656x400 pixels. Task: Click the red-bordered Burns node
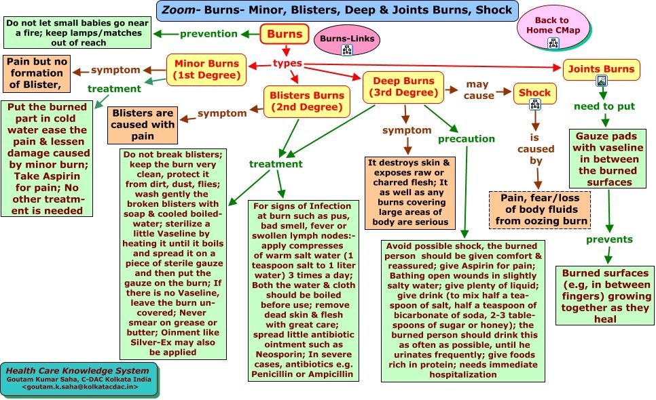click(285, 34)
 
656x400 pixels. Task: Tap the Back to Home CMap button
click(552, 27)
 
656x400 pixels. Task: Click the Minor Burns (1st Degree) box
click(206, 70)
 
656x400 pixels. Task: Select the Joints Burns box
click(601, 68)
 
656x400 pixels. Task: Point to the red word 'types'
click(287, 64)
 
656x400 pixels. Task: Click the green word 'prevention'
click(208, 34)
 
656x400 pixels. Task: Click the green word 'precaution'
click(466, 138)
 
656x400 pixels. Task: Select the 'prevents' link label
click(609, 239)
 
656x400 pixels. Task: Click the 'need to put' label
click(604, 106)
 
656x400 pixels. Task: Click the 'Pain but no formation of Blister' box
click(38, 73)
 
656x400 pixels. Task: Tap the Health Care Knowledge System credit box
click(79, 379)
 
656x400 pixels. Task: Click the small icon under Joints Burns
click(601, 81)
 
